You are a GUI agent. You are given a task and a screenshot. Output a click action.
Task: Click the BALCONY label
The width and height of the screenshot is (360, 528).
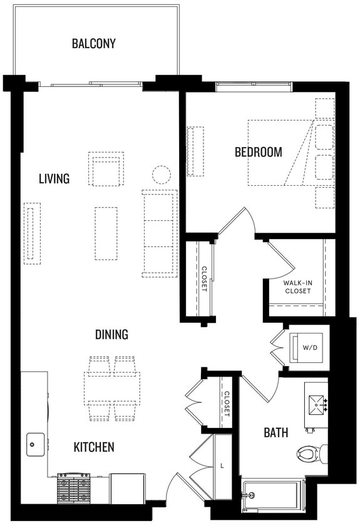(x=93, y=44)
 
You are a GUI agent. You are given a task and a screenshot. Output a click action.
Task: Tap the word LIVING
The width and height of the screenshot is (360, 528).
(x=54, y=179)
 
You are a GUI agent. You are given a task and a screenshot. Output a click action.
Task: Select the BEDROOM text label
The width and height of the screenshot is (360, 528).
(x=258, y=152)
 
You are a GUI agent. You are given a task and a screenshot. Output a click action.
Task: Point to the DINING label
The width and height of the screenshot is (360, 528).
(x=111, y=335)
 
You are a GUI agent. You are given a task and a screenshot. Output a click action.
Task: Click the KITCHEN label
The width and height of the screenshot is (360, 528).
(x=94, y=447)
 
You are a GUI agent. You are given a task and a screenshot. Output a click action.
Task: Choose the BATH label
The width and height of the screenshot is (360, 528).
(x=275, y=432)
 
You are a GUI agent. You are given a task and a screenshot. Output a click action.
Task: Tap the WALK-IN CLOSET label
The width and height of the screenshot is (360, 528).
(x=297, y=287)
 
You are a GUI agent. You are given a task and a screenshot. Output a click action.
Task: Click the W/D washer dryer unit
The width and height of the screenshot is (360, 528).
(x=308, y=348)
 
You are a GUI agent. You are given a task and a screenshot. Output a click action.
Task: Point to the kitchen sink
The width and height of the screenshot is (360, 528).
(x=35, y=444)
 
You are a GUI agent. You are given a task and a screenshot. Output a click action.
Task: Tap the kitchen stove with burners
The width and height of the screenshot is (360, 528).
(x=73, y=488)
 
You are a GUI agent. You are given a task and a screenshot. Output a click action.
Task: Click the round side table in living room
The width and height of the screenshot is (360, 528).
(x=162, y=175)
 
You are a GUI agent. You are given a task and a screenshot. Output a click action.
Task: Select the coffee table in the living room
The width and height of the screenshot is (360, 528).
(x=106, y=233)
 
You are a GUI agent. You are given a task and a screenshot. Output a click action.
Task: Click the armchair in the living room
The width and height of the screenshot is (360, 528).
(x=106, y=169)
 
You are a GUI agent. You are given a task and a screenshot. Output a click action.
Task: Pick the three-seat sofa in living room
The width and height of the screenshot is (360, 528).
(x=159, y=233)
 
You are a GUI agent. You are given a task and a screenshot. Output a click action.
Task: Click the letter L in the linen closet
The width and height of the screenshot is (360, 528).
(x=224, y=466)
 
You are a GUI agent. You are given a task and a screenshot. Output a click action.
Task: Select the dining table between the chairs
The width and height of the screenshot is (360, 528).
(x=112, y=388)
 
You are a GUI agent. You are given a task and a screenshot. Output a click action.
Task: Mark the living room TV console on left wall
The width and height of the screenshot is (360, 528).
(x=32, y=233)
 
